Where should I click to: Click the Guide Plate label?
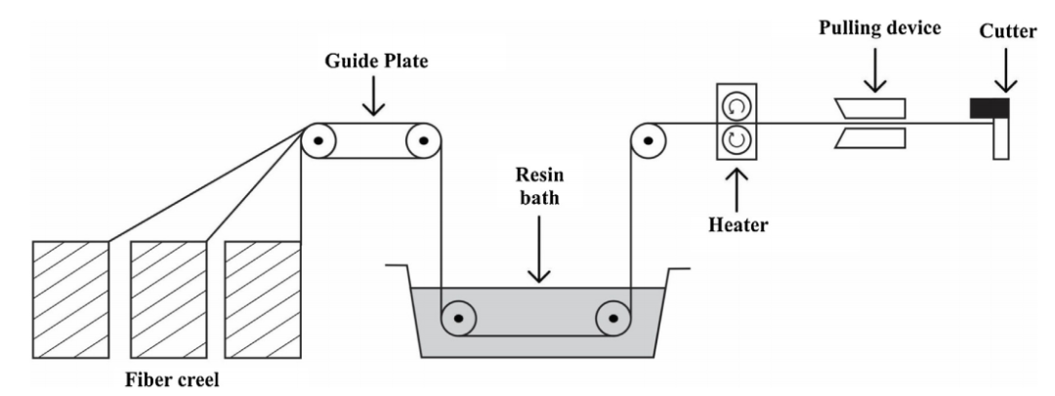click(x=376, y=61)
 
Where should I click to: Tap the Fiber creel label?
click(x=172, y=379)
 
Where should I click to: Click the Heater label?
click(x=738, y=224)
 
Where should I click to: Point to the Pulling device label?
click(x=879, y=29)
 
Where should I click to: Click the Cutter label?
click(x=1008, y=31)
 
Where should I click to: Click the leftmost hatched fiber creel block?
click(x=70, y=299)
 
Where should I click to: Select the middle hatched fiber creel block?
click(x=168, y=299)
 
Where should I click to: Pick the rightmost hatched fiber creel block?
click(x=263, y=299)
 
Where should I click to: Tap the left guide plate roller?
click(x=318, y=141)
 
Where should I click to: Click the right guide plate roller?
click(x=423, y=141)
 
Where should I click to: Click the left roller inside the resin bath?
click(x=458, y=318)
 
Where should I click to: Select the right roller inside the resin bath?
click(x=612, y=318)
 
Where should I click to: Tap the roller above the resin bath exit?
click(x=648, y=141)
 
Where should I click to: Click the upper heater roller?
click(x=737, y=106)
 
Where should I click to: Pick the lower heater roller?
click(x=737, y=139)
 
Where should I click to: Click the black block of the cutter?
click(x=989, y=108)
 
